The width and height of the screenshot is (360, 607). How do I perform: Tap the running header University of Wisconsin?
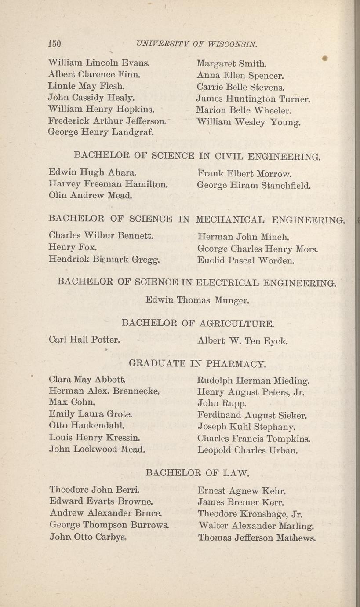point(196,44)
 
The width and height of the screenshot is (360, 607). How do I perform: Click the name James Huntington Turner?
point(254,99)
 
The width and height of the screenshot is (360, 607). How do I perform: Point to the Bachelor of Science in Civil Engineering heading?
point(197,155)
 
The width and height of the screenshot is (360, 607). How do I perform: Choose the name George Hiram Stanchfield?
point(254,185)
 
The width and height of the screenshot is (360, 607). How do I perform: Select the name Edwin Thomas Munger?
point(198,301)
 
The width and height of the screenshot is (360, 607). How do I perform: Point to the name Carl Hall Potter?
point(85,340)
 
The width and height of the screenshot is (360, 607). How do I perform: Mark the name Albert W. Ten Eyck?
point(243,340)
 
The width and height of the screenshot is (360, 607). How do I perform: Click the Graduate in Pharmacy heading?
point(197,364)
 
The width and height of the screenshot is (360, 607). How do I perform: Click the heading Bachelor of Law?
point(197,473)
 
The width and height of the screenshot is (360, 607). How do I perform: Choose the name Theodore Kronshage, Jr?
point(251,514)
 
